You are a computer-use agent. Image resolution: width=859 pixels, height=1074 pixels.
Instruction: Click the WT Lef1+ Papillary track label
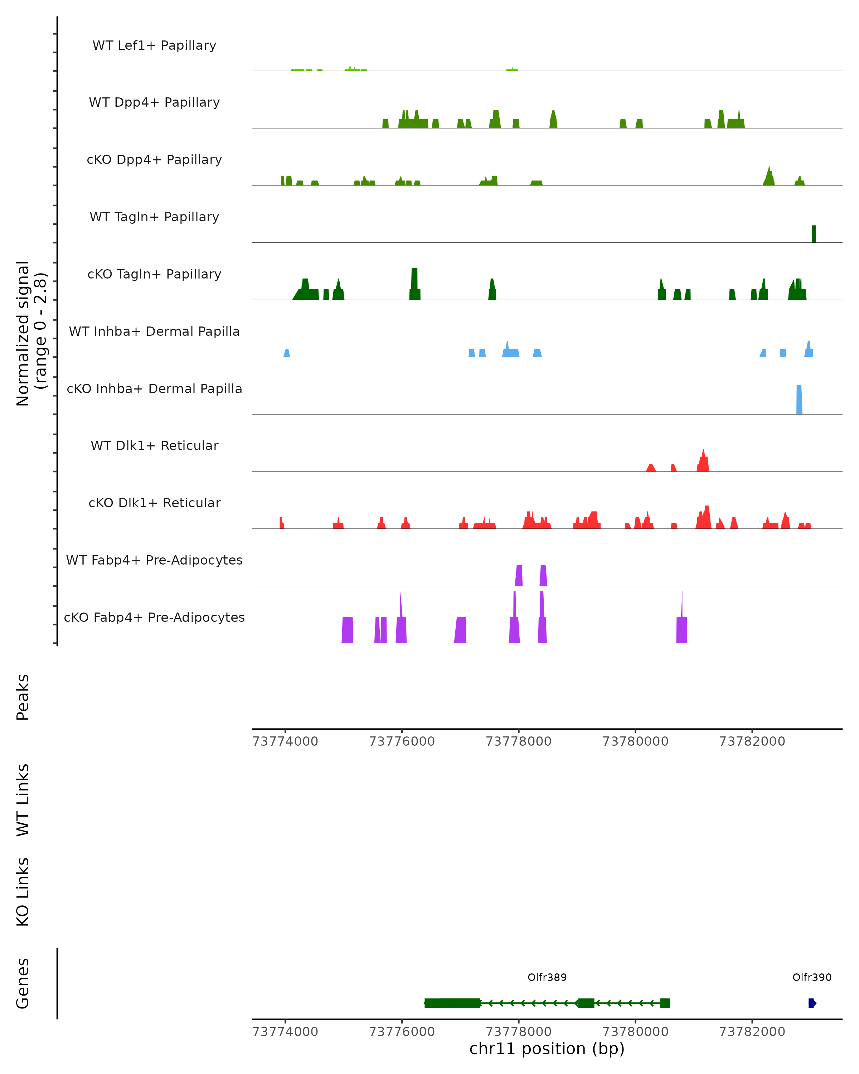click(x=154, y=45)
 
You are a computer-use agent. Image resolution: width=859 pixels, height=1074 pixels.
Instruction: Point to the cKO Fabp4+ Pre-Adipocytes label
click(x=154, y=617)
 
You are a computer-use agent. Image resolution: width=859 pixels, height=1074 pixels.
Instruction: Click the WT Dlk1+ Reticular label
click(x=154, y=445)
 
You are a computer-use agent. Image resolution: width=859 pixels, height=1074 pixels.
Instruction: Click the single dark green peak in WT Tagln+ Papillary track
click(x=814, y=234)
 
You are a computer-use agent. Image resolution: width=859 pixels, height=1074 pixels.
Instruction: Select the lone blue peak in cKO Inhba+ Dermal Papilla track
click(x=799, y=400)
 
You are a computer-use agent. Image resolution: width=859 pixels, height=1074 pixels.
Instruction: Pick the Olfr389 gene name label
click(x=547, y=977)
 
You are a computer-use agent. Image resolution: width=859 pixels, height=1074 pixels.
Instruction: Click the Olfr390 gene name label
click(x=812, y=977)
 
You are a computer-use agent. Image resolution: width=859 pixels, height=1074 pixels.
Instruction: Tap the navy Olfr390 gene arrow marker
click(x=812, y=1003)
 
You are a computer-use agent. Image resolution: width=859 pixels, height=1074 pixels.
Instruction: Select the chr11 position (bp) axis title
click(x=547, y=1049)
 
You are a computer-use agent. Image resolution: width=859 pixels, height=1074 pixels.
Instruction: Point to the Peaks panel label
click(x=23, y=697)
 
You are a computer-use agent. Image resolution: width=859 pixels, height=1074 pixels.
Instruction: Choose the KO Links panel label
click(x=23, y=892)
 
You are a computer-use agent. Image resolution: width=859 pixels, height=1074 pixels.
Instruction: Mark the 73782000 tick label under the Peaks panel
click(x=752, y=741)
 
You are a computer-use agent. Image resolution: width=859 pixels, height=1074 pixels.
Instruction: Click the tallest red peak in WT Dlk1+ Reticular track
click(x=703, y=461)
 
